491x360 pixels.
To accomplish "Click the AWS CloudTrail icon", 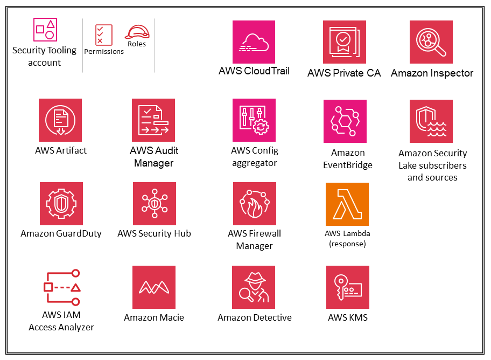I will tap(254, 42).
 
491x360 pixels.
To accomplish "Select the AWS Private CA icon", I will tap(345, 42).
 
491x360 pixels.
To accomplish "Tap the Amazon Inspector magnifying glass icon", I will tap(431, 42).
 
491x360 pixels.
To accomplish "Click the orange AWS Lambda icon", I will tap(347, 204).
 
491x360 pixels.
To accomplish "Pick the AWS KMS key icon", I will tap(348, 287).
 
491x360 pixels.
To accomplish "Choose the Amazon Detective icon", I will tap(254, 287).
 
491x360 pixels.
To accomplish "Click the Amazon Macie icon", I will tap(154, 287).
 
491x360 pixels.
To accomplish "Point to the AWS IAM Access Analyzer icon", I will tap(61, 287).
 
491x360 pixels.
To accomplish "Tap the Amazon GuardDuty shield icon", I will tap(61, 204).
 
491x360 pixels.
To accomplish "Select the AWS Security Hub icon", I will tap(155, 204).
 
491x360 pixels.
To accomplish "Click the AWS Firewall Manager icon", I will tap(255, 204).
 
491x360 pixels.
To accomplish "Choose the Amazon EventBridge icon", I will tap(345, 121).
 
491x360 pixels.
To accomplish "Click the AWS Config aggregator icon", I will tap(254, 120).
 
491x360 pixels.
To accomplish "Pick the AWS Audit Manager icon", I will tap(153, 120).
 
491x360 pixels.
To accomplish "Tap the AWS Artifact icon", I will tap(60, 120).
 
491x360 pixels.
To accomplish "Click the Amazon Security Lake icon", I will tap(431, 121).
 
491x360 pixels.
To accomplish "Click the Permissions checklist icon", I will tap(103, 34).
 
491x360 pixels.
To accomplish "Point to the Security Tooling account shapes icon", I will tap(45, 30).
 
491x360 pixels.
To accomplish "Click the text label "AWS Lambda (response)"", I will tap(347, 238).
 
